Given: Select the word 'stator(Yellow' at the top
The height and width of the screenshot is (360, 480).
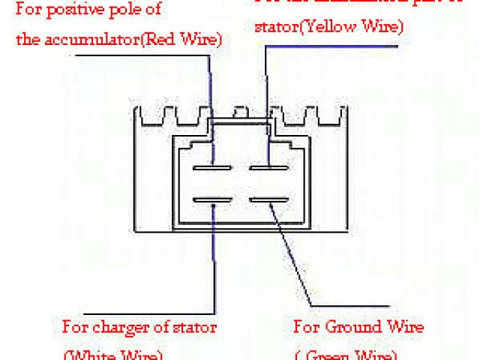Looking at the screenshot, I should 297,27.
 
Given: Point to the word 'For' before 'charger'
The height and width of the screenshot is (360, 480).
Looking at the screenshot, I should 74,327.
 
